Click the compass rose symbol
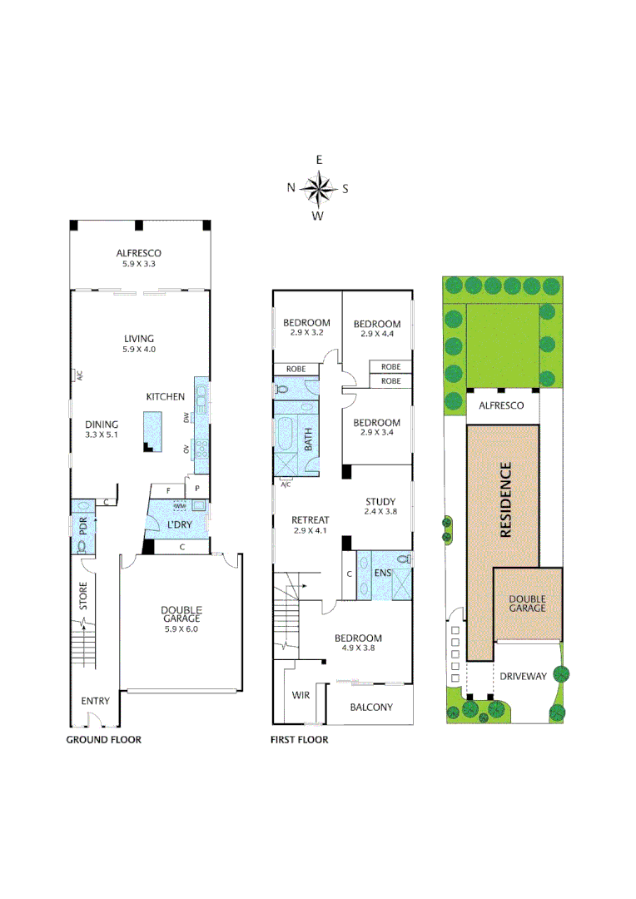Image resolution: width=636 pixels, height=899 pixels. pos(318,188)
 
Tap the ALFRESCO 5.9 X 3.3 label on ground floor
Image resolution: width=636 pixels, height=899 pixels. pos(139,258)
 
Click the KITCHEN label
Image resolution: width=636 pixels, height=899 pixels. pos(165,397)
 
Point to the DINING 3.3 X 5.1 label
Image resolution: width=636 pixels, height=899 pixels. pos(102,429)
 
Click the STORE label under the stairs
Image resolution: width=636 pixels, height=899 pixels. pos(83,601)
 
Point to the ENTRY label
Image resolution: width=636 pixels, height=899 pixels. pos(95,702)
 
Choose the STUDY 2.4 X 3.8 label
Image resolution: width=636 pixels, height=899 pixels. pos(380,506)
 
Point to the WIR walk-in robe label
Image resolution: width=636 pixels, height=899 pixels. pos(301,693)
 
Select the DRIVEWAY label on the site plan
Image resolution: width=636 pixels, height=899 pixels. pos(524,676)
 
